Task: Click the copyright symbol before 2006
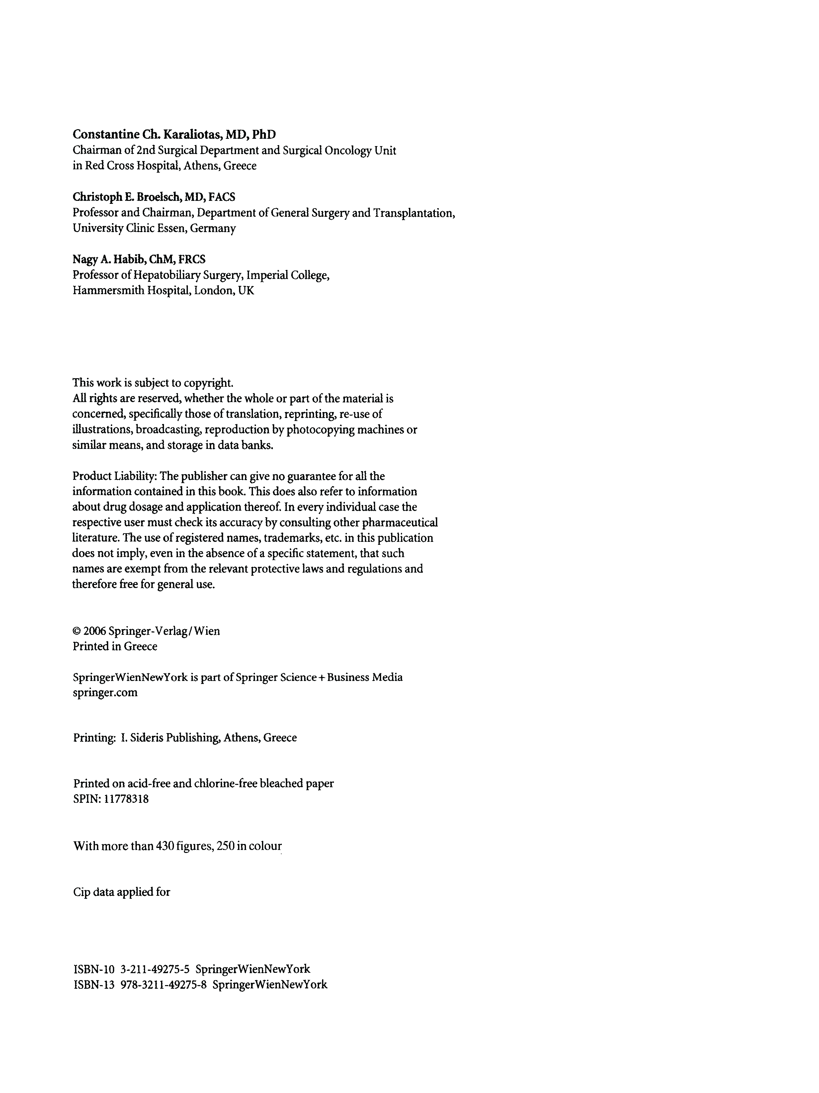pyautogui.click(x=77, y=631)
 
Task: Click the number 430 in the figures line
pyautogui.click(x=164, y=846)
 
